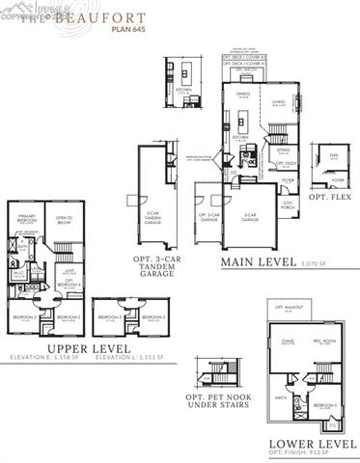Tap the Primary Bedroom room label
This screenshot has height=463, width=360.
click(x=27, y=219)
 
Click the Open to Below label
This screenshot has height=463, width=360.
click(x=65, y=219)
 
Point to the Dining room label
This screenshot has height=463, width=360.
click(x=243, y=95)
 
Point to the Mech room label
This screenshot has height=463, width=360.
click(x=281, y=396)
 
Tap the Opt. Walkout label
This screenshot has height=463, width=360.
click(x=283, y=306)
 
